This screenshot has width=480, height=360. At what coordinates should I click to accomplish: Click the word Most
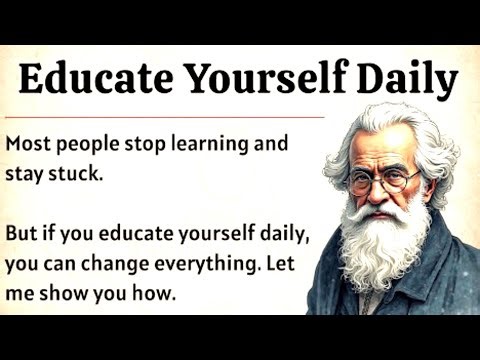pyautogui.click(x=27, y=143)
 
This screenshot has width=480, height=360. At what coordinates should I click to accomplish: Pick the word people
pyautogui.click(x=86, y=144)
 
